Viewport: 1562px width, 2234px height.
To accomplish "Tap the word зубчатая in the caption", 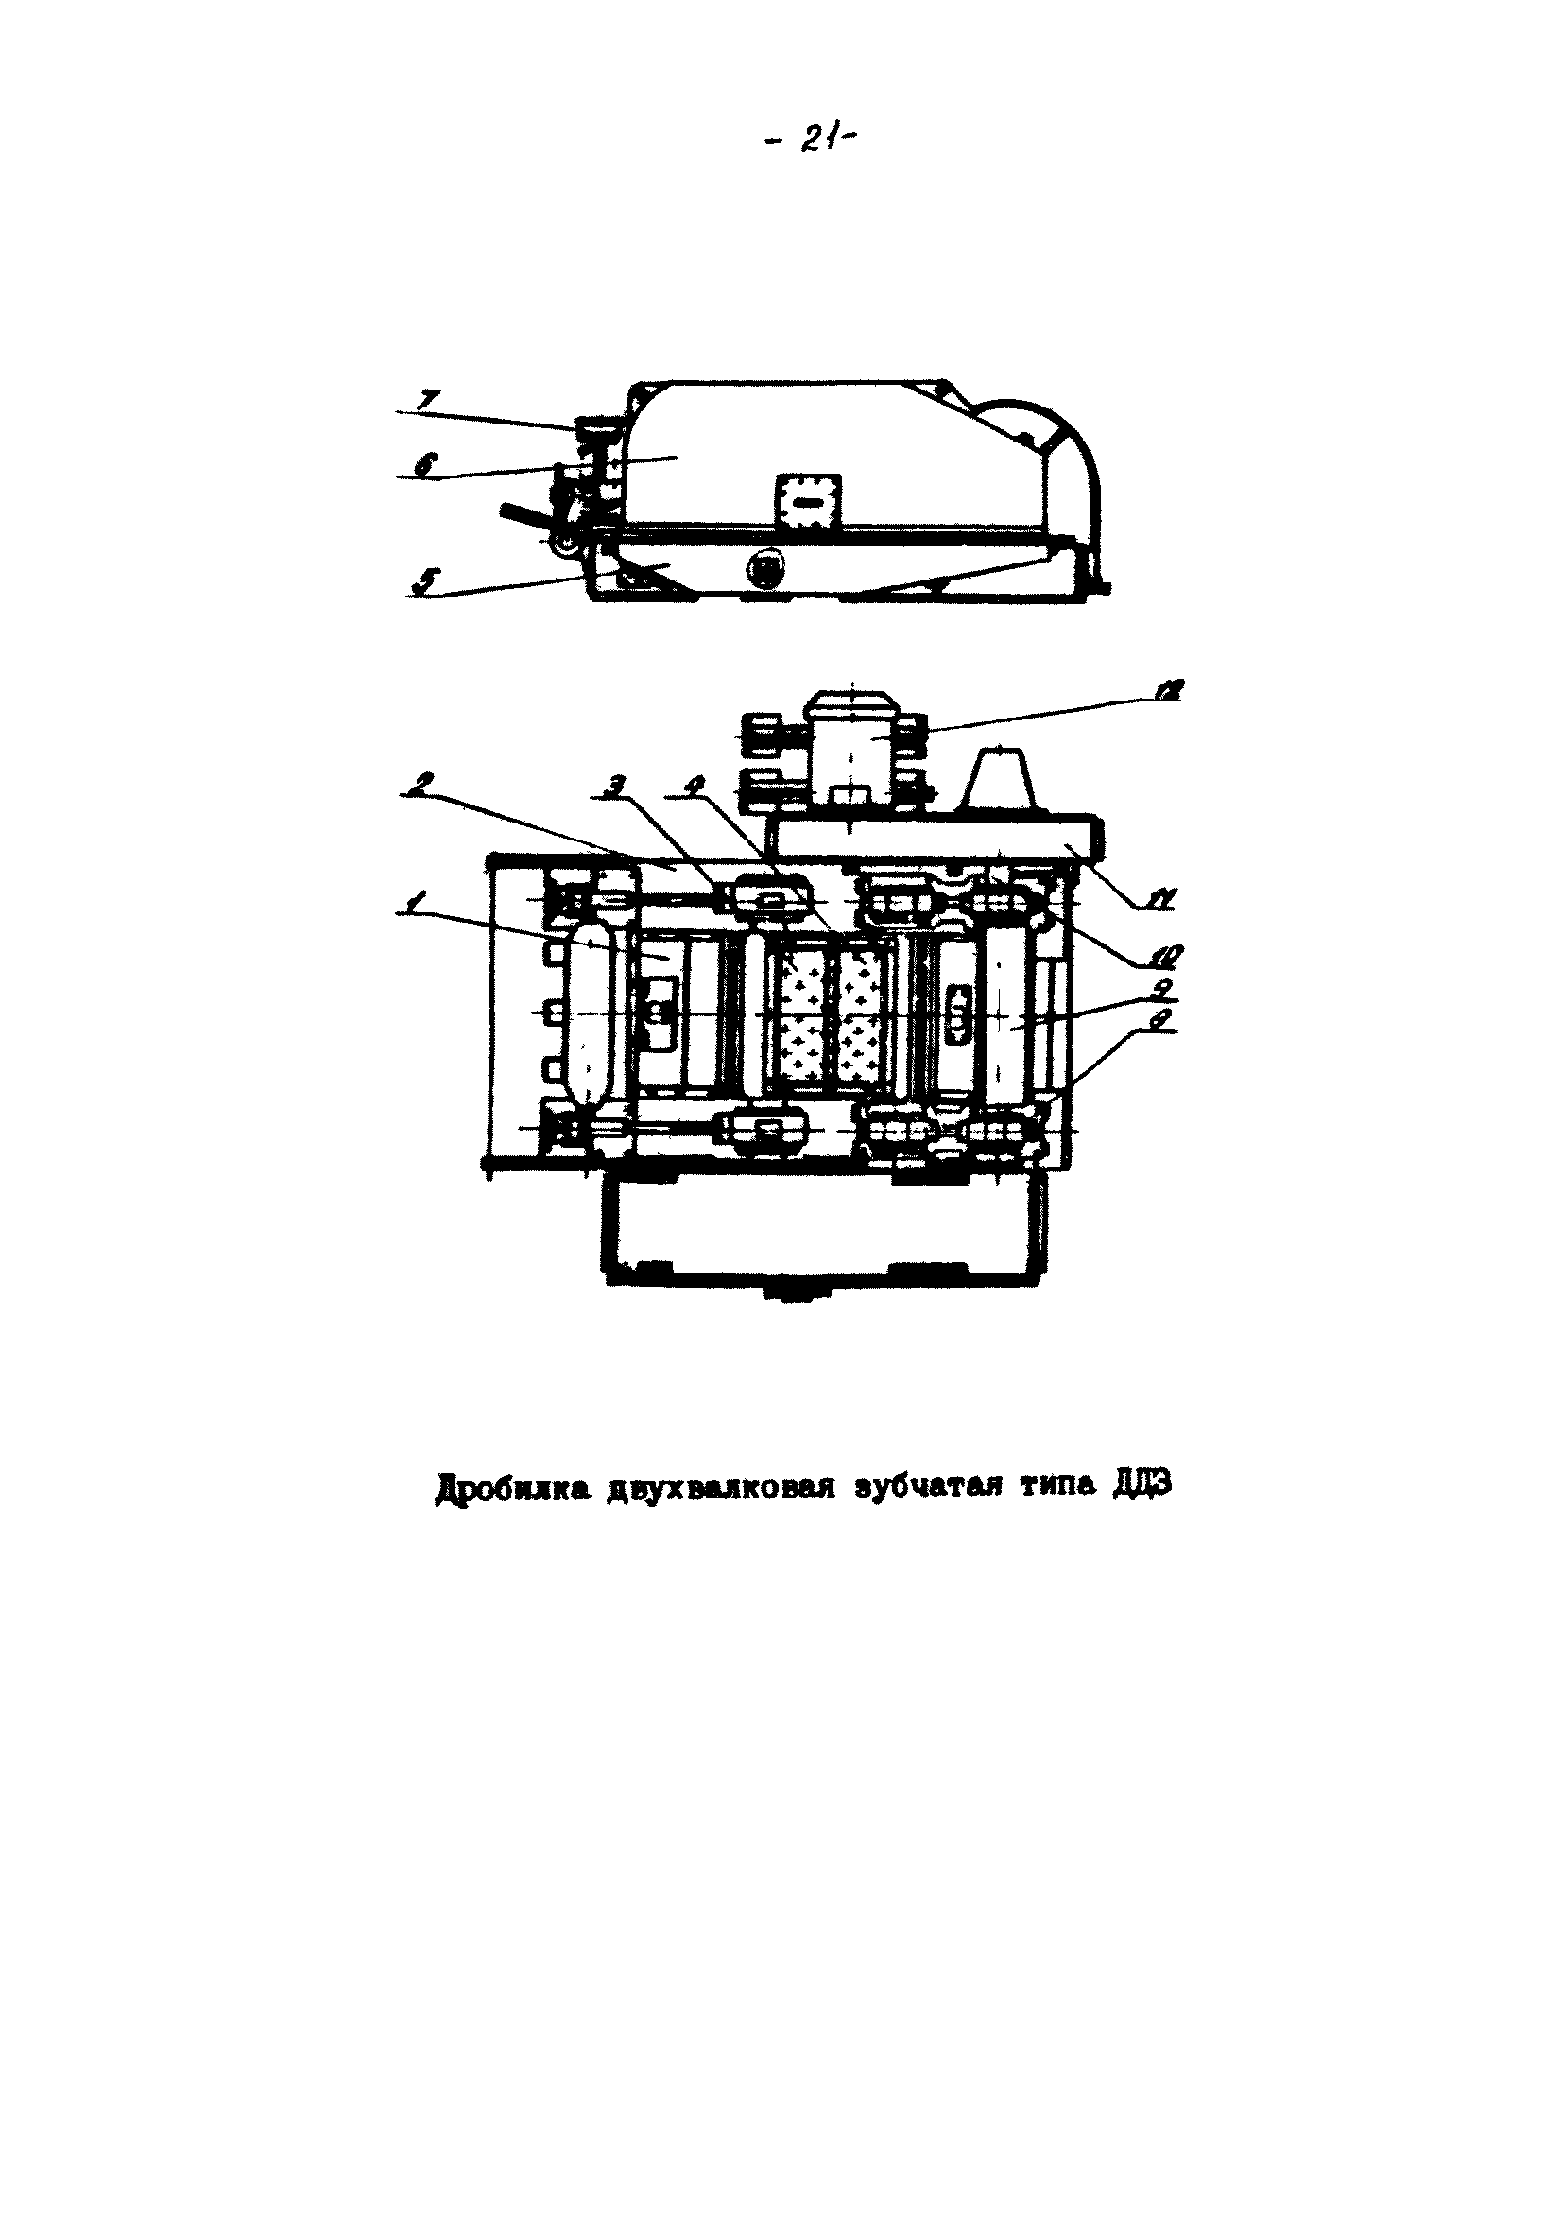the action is [x=915, y=1514].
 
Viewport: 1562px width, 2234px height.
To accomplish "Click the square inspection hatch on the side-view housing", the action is [x=807, y=503].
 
